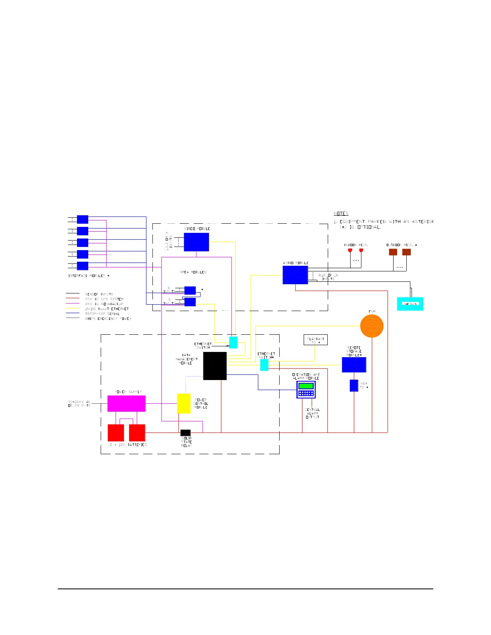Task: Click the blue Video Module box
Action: [196, 242]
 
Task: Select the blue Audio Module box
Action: [295, 275]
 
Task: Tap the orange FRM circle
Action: [371, 326]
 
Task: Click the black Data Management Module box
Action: [215, 366]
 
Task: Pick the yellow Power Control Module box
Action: [184, 403]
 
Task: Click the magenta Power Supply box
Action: [126, 403]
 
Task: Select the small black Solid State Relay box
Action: [185, 433]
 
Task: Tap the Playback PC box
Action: [315, 340]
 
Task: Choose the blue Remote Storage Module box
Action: [354, 365]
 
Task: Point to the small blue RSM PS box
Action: [354, 385]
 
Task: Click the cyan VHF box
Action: [410, 304]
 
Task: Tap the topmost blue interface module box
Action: [83, 219]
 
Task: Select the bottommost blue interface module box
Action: [83, 266]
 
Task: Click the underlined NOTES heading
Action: [341, 214]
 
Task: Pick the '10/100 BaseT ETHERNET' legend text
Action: [107, 309]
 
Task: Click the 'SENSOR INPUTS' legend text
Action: [99, 294]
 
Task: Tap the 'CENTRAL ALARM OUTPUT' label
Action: [312, 413]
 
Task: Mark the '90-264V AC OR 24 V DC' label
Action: [79, 404]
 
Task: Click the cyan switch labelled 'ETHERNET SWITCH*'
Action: [264, 365]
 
